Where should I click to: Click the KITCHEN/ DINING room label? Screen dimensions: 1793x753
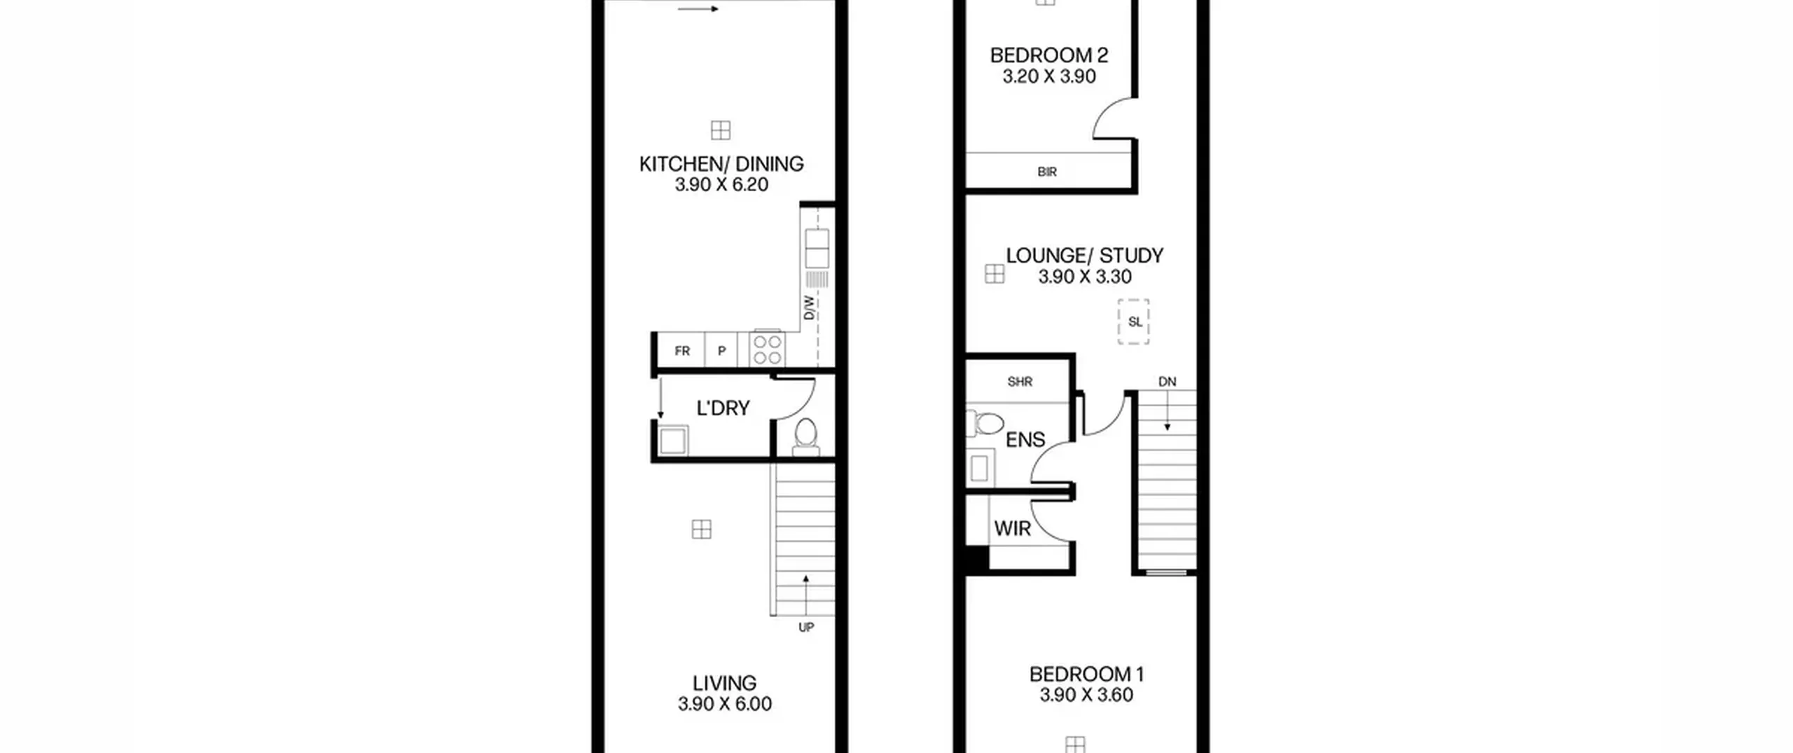(x=721, y=164)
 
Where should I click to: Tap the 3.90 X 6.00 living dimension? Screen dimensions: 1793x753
(x=725, y=704)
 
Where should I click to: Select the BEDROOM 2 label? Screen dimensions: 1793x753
(x=1049, y=55)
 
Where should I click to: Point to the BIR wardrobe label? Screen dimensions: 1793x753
(x=1047, y=172)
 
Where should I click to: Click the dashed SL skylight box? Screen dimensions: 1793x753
(x=1134, y=322)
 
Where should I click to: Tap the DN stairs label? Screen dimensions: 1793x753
(x=1168, y=382)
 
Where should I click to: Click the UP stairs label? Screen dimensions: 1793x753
(x=806, y=628)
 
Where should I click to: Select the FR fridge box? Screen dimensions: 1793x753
(x=681, y=350)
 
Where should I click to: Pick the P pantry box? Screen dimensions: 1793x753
(x=721, y=350)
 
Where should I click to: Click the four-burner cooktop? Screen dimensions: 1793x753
(x=768, y=350)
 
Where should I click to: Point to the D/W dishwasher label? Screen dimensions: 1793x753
(x=810, y=308)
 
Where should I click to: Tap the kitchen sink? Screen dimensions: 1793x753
(x=817, y=248)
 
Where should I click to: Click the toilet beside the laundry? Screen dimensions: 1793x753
(x=806, y=436)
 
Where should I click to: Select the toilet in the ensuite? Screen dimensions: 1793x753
(x=985, y=423)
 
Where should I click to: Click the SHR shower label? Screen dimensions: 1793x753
(x=1020, y=382)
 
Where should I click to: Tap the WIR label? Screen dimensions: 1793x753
(x=1013, y=529)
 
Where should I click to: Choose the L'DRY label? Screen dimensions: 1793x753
(x=724, y=408)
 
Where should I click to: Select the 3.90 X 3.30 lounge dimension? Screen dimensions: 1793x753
(x=1085, y=277)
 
